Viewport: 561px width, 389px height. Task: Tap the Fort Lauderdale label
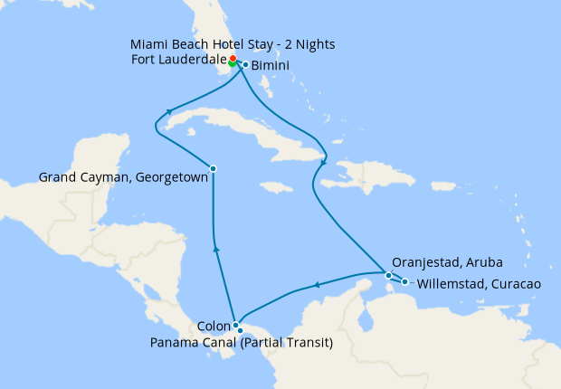pos(176,62)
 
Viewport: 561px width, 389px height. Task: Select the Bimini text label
pos(271,66)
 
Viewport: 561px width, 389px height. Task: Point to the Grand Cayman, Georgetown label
pos(124,178)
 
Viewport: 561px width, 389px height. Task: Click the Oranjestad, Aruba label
pos(447,262)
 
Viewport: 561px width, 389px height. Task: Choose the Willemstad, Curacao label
pos(479,283)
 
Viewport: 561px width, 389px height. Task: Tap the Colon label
pos(214,326)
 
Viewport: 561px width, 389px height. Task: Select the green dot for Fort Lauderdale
pos(233,63)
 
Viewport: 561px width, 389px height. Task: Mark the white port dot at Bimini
pos(245,64)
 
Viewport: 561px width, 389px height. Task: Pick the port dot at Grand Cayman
pos(213,168)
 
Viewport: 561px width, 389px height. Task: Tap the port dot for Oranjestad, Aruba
pos(388,275)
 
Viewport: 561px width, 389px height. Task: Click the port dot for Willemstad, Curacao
pos(404,281)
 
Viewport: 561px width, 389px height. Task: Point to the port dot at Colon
pos(235,325)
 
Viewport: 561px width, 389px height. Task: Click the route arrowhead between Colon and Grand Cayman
pos(215,247)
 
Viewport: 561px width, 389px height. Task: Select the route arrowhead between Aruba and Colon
pos(318,286)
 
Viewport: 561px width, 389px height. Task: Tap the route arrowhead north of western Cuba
pos(168,113)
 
